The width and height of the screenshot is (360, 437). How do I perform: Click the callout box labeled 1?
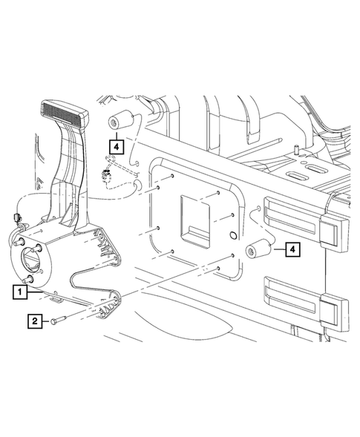coord(19,292)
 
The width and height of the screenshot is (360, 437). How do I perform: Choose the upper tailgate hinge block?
coord(330,231)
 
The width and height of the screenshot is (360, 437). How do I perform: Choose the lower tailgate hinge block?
coord(331,309)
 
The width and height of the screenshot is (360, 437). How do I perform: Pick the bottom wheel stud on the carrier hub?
coord(29,279)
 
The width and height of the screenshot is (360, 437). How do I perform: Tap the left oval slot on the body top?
coord(299,177)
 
